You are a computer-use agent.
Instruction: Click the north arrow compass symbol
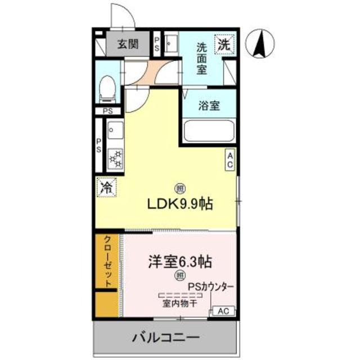[x=260, y=44]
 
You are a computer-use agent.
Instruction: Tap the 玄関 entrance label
[x=128, y=44]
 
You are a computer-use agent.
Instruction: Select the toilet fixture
[x=107, y=89]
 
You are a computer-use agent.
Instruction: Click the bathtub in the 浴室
[x=209, y=130]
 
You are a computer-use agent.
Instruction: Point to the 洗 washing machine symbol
[x=224, y=44]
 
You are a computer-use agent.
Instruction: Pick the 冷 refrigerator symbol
[x=107, y=187]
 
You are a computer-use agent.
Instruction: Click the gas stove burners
[x=115, y=159]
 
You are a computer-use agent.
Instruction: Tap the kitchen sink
[x=115, y=130]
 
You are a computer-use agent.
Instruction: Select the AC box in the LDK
[x=230, y=160]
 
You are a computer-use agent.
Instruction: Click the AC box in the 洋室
[x=224, y=311]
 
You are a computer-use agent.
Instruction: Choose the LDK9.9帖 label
[x=180, y=204]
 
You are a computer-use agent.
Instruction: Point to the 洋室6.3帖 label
[x=180, y=262]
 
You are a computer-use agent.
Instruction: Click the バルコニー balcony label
[x=166, y=337]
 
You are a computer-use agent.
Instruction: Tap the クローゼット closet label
[x=108, y=261]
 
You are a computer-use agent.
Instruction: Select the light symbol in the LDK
[x=180, y=189]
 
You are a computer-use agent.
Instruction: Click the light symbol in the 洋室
[x=180, y=275]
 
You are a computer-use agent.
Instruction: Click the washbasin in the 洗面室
[x=171, y=44]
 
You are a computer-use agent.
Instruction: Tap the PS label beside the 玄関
[x=157, y=44]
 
